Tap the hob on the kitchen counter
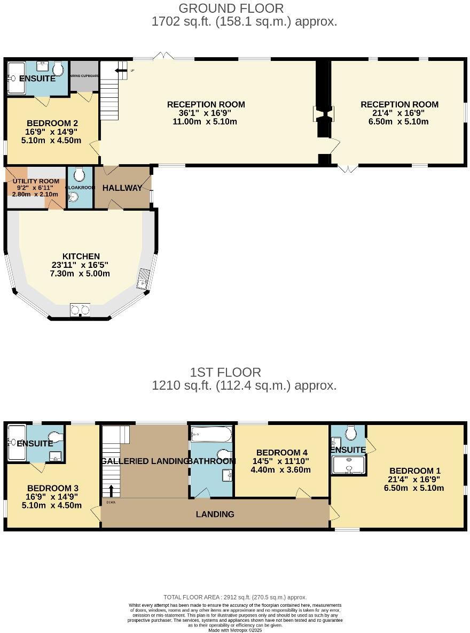80,310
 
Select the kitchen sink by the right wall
144,279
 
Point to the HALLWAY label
122,188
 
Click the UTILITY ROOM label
36,182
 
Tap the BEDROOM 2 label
52,123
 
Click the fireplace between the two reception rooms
323,114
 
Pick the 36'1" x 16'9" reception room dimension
206,113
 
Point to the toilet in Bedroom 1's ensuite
351,431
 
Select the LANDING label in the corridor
215,514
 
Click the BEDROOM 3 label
53,488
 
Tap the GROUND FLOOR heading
231,8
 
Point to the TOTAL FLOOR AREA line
235,597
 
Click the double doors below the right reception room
349,169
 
